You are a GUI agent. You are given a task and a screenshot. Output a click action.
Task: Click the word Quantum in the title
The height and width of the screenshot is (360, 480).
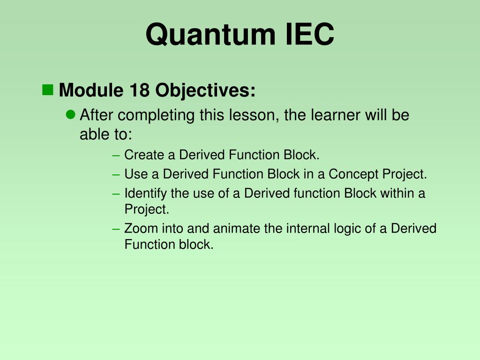[x=210, y=34]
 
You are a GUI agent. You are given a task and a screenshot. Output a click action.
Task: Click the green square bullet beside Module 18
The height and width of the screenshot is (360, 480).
[x=47, y=90]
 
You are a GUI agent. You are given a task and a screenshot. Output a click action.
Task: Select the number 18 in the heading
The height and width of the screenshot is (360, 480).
[x=139, y=90]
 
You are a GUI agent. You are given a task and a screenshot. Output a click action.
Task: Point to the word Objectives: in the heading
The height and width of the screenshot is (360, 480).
[x=205, y=90]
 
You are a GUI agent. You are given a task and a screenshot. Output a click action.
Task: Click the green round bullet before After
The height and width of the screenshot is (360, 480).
[x=70, y=115]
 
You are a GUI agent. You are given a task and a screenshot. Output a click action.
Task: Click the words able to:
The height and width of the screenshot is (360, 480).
[x=106, y=134]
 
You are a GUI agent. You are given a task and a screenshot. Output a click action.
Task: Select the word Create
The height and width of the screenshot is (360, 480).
[x=144, y=155]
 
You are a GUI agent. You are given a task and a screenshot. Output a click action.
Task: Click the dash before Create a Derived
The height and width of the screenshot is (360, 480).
[x=116, y=156]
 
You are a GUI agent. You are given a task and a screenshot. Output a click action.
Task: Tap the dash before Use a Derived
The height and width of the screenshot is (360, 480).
[x=116, y=175]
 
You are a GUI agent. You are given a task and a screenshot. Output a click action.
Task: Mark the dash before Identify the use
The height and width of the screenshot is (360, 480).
[x=116, y=194]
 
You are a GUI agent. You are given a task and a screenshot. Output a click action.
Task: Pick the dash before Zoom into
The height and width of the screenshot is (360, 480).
[x=116, y=229]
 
